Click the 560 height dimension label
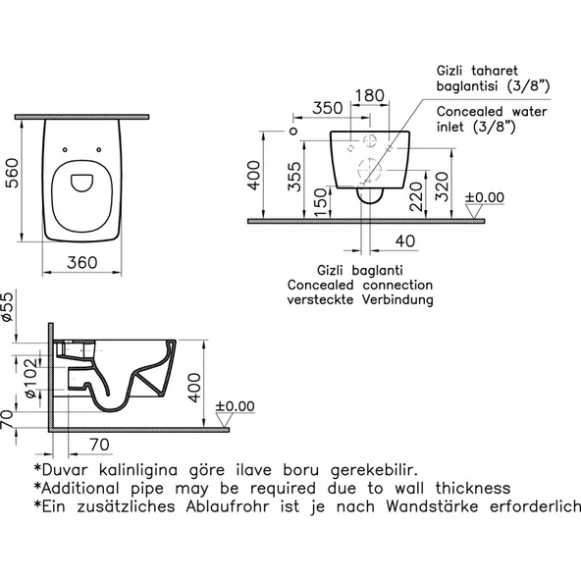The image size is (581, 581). pyautogui.click(x=13, y=173)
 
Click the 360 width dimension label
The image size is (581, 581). pyautogui.click(x=81, y=263)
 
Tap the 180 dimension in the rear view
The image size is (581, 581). pyautogui.click(x=370, y=95)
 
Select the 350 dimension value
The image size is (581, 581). pyautogui.click(x=328, y=108)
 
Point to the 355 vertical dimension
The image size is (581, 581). pyautogui.click(x=295, y=177)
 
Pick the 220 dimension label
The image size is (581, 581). pyautogui.click(x=416, y=196)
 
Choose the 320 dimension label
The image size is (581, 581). pyautogui.click(x=442, y=186)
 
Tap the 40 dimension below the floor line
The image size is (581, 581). pyautogui.click(x=405, y=241)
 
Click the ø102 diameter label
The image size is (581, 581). pyautogui.click(x=31, y=378)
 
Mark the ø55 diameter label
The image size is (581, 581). pyautogui.click(x=7, y=307)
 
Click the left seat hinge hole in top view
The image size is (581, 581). pyautogui.click(x=65, y=150)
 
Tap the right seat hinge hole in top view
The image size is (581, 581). pyautogui.click(x=99, y=150)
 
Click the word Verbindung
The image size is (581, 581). pyautogui.click(x=397, y=299)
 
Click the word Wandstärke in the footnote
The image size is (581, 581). pyautogui.click(x=433, y=506)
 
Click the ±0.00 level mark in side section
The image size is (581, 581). pyautogui.click(x=235, y=406)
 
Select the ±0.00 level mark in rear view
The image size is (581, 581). pyautogui.click(x=485, y=197)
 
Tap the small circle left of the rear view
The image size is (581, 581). pyautogui.click(x=293, y=132)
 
